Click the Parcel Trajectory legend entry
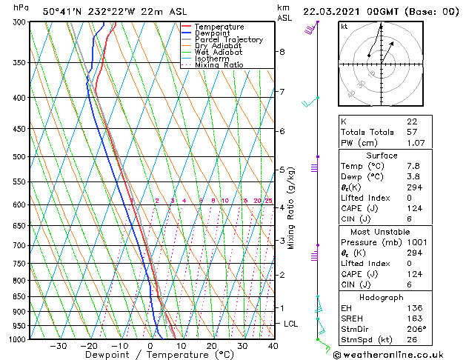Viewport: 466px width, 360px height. tap(228, 39)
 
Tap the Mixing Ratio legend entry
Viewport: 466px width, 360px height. tap(219, 65)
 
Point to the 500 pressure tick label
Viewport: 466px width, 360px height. tap(21, 157)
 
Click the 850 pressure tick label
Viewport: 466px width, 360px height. tap(21, 296)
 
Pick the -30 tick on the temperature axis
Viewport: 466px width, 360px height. tap(58, 346)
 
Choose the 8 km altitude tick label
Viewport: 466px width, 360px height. tap(282, 52)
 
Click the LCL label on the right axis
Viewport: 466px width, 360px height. tap(291, 324)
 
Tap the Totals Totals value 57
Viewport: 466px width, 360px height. tap(411, 132)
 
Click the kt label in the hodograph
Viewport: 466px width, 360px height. tap(344, 26)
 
